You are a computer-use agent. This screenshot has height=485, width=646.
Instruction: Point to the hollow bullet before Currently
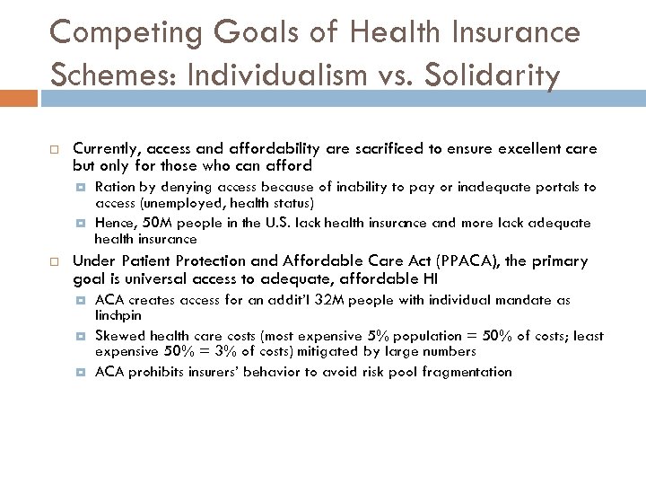pyautogui.click(x=54, y=148)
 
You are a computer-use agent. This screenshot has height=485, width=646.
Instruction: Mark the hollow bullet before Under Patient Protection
pyautogui.click(x=54, y=261)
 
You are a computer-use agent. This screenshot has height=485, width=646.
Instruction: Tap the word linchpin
pyautogui.click(x=118, y=315)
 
